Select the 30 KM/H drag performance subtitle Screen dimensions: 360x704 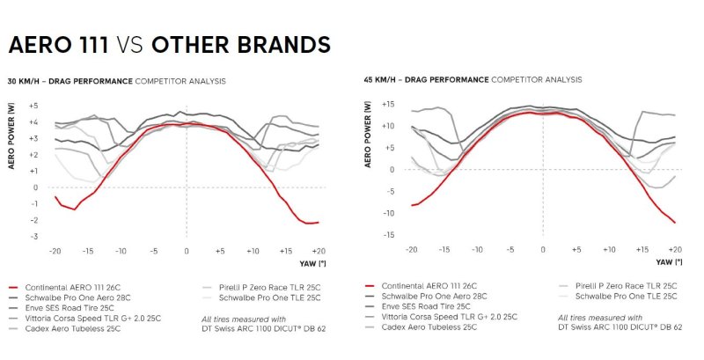pyautogui.click(x=116, y=81)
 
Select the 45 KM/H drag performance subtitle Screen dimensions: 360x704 pyautogui.click(x=473, y=79)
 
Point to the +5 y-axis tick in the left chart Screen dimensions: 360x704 pyautogui.click(x=33, y=105)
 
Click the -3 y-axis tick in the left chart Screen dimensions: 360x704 pyautogui.click(x=34, y=236)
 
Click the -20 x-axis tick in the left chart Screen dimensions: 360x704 pyautogui.click(x=55, y=252)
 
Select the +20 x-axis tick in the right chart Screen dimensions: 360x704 pyautogui.click(x=675, y=250)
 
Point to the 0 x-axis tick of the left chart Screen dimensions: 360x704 pyautogui.click(x=187, y=252)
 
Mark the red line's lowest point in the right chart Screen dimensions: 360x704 pyautogui.click(x=674, y=223)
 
